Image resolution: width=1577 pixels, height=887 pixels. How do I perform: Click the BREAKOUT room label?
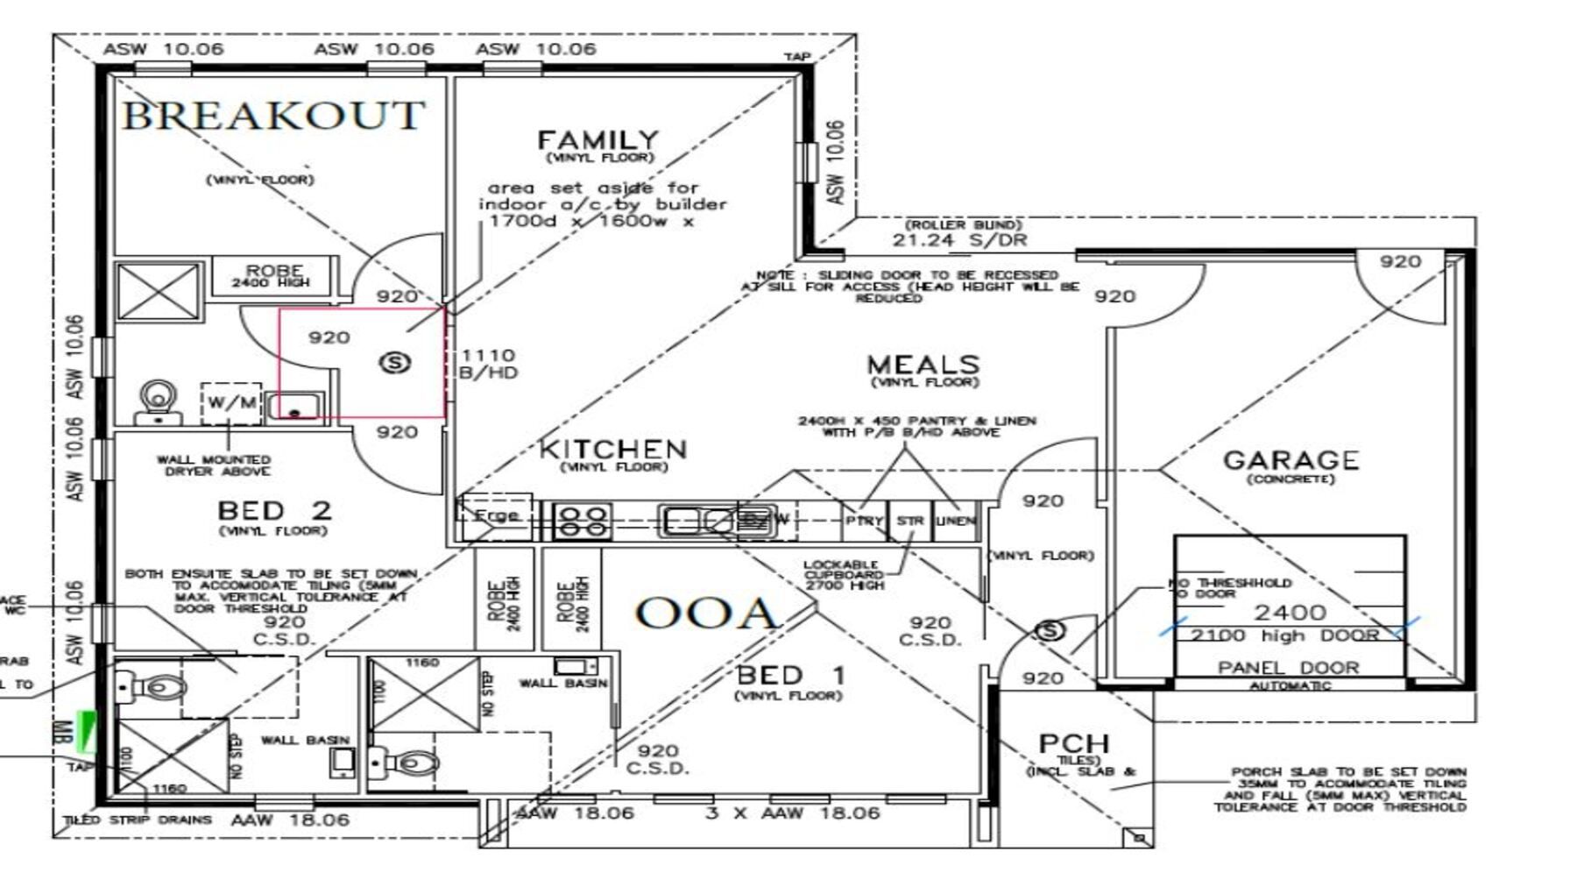point(273,115)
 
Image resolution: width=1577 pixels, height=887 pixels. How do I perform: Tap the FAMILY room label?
point(598,140)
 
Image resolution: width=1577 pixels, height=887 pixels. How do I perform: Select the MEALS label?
point(923,365)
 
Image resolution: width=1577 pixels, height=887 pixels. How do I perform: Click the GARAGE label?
point(1291,460)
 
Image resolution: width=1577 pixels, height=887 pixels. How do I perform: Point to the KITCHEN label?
point(612,450)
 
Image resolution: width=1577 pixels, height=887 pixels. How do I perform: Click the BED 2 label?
point(273,510)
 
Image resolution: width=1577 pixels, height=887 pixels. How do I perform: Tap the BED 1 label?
point(790,675)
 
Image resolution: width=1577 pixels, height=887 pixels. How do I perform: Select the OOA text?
point(706,613)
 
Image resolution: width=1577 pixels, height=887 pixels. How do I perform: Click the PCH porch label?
point(1073,743)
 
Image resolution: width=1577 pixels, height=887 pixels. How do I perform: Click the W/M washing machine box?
point(232,403)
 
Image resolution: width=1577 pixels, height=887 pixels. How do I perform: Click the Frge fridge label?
point(496,516)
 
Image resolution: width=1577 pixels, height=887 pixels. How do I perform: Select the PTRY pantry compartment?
point(864,521)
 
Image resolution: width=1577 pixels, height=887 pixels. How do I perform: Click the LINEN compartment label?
point(955,521)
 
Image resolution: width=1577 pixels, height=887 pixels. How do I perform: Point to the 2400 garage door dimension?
point(1290,612)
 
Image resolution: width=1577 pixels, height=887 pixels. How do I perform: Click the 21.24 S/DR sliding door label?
point(959,240)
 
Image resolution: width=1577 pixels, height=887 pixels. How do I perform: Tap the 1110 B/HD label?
point(488,363)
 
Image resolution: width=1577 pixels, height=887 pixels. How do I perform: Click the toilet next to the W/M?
point(159,401)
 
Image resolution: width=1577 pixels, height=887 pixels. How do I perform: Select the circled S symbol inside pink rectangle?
point(395,361)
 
